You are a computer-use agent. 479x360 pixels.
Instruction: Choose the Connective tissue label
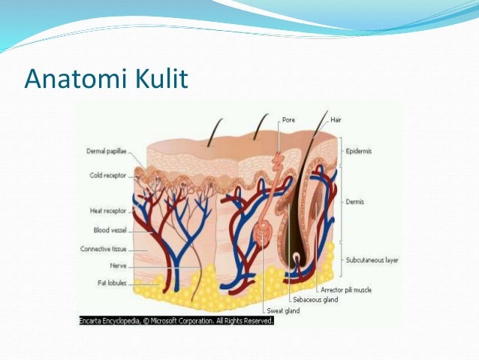104,249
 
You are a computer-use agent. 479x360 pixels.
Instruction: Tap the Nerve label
116,265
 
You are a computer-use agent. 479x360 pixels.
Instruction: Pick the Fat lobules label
111,283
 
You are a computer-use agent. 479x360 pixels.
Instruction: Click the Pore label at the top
288,119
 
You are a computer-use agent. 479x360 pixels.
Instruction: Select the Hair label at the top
335,119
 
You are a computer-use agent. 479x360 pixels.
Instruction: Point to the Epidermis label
360,150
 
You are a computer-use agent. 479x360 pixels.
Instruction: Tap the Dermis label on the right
356,202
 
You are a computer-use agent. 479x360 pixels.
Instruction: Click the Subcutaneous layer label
372,260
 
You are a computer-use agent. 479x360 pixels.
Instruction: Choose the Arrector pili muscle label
346,289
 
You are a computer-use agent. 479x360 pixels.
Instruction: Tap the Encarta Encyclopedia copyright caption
176,320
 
